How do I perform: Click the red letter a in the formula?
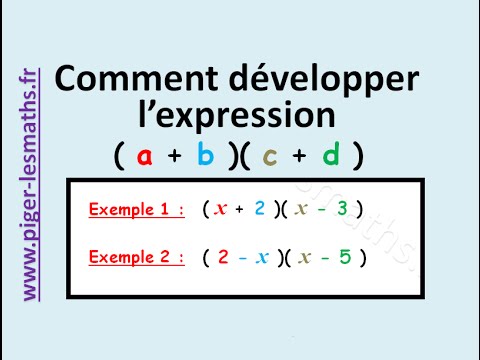pos(145,156)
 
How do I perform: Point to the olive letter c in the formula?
pos(270,156)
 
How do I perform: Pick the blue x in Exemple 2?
pos(262,257)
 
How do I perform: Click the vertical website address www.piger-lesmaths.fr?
pos(30,185)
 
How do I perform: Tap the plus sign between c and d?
pos(300,156)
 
